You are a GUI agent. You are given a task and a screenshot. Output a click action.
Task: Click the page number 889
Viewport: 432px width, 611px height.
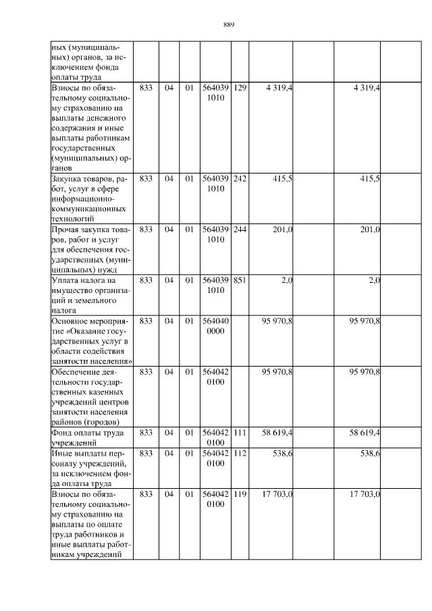click(x=228, y=25)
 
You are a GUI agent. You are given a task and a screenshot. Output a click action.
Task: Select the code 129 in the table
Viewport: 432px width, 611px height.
click(x=240, y=88)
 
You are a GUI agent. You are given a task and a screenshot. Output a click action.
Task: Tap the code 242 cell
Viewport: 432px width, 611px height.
click(x=240, y=179)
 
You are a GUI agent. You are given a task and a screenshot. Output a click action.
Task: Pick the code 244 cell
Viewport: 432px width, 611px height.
click(x=240, y=230)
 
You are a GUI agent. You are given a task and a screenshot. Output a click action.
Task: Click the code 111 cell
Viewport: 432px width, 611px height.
click(x=240, y=432)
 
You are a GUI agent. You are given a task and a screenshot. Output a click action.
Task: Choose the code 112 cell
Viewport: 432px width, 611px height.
click(x=240, y=453)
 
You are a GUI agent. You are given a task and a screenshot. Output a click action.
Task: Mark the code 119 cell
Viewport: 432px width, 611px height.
click(x=240, y=494)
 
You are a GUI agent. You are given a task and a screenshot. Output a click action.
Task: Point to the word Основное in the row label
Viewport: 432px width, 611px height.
click(x=71, y=321)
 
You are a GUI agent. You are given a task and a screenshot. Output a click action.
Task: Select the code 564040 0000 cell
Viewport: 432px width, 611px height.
click(x=215, y=325)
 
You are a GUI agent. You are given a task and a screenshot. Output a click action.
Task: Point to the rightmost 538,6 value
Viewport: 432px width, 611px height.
click(x=369, y=453)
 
